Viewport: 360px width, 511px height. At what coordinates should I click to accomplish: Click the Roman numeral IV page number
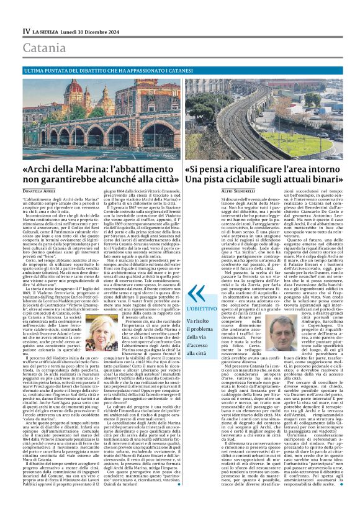(x=27, y=30)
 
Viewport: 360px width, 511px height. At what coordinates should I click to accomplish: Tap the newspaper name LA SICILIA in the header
(x=48, y=30)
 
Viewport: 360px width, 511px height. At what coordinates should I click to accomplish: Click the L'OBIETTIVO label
(x=200, y=308)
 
